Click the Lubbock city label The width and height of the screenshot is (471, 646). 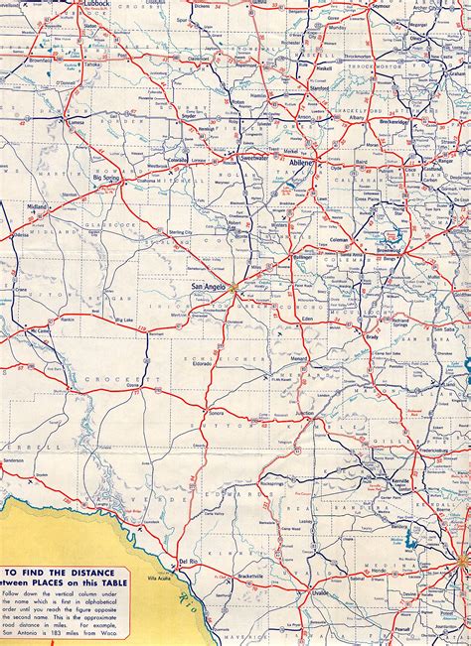pos(96,4)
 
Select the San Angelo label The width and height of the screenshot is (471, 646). pos(211,287)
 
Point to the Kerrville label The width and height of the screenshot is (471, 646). pos(377,478)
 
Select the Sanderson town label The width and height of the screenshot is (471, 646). pos(14,462)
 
